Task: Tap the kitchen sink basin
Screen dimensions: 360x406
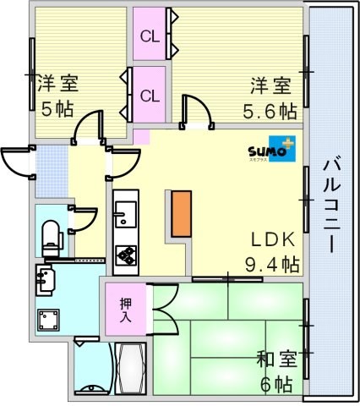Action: [x=126, y=215]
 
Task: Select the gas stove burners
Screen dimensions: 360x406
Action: [x=126, y=255]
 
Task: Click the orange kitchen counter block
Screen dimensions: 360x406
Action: [x=182, y=214]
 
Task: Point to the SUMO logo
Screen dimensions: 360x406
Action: [x=272, y=149]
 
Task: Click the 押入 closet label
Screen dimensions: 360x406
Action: [x=126, y=310]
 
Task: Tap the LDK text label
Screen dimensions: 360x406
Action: [x=273, y=240]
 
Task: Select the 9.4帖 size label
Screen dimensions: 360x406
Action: [x=272, y=265]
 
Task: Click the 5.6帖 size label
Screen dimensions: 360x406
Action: [x=270, y=111]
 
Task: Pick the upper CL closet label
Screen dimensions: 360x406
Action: [x=150, y=36]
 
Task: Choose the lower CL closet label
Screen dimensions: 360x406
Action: [x=150, y=96]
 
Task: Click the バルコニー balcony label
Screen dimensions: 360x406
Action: [x=332, y=206]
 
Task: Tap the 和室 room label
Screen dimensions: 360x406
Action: [x=277, y=359]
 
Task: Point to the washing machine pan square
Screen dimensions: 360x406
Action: [x=48, y=320]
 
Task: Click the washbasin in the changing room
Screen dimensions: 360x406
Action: [x=45, y=280]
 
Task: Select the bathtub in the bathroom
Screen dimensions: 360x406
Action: [x=130, y=368]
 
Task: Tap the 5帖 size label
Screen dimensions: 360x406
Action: [x=57, y=109]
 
